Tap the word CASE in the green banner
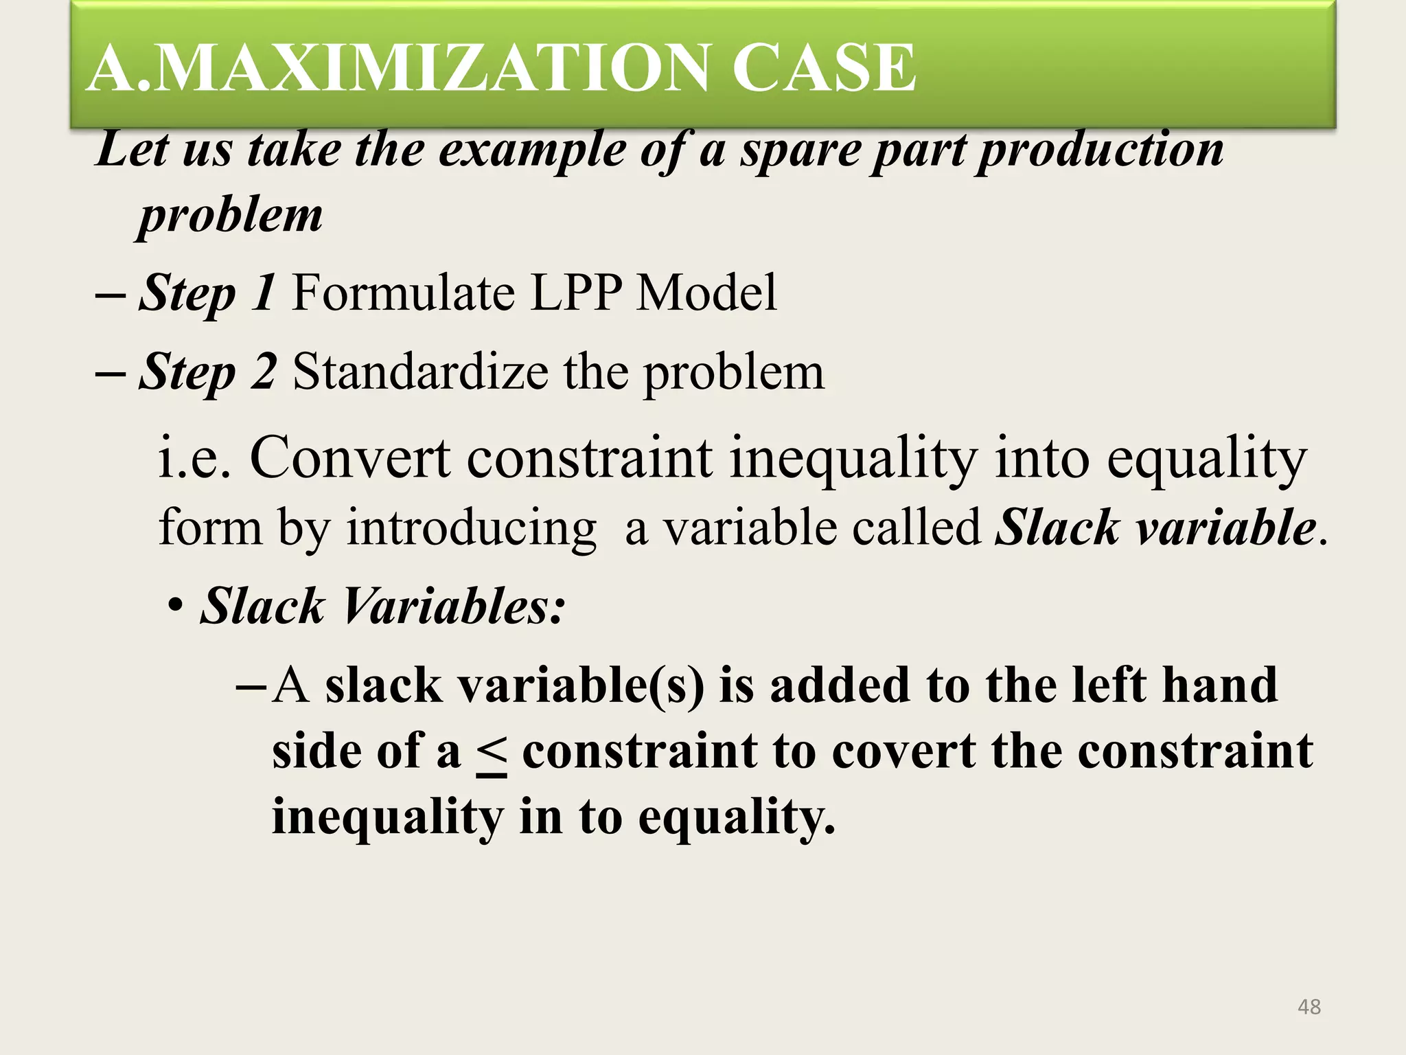click(823, 67)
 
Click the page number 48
click(1309, 1007)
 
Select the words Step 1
click(207, 293)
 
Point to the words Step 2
click(207, 372)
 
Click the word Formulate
click(403, 293)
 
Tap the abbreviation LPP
click(576, 293)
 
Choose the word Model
click(707, 293)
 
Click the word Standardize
click(420, 372)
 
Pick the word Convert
click(350, 457)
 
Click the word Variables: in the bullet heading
click(454, 606)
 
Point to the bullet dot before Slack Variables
click(176, 607)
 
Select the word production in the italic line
click(1100, 149)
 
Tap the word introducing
click(471, 527)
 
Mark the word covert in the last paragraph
click(903, 751)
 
